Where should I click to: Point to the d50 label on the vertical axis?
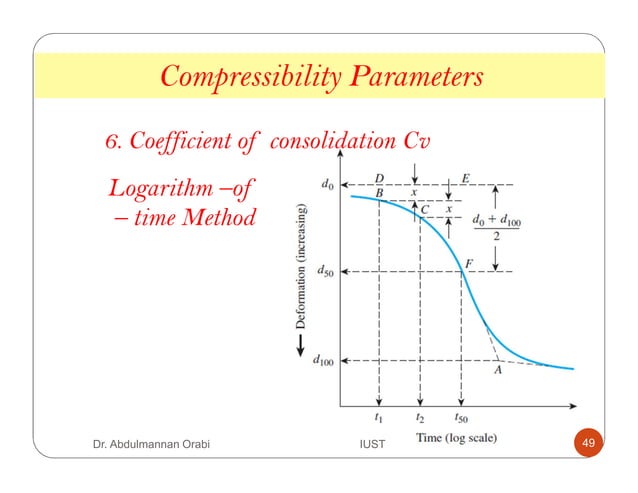pos(327,272)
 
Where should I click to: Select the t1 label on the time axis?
pos(377,419)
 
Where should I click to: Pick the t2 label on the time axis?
pos(419,419)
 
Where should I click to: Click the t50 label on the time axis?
pos(462,419)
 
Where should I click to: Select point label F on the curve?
pos(469,262)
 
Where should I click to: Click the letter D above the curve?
pos(379,177)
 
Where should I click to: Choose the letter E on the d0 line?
pos(466,178)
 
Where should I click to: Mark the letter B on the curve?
pos(379,192)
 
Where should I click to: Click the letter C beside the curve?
pos(424,209)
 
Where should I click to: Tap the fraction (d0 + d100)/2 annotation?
pos(495,225)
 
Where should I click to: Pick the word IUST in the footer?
pos(373,442)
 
